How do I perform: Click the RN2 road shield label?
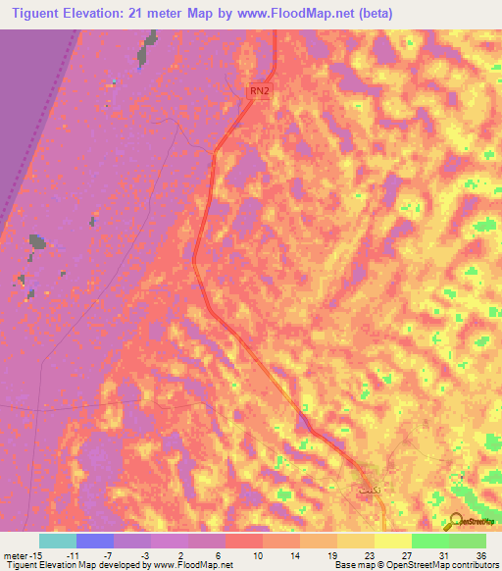(x=259, y=91)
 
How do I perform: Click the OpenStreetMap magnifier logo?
(x=457, y=521)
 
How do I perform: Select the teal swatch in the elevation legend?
(x=57, y=541)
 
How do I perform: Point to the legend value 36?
(x=480, y=554)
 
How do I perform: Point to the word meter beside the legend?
(x=15, y=554)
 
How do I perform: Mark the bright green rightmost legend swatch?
(x=468, y=541)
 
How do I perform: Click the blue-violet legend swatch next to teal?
(x=94, y=541)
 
